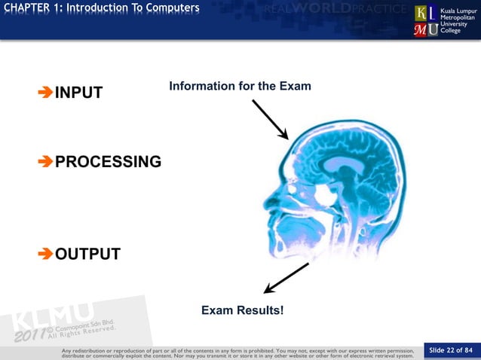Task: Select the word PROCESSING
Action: (x=109, y=162)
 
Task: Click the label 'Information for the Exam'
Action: (x=240, y=87)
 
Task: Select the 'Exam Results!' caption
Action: (x=242, y=310)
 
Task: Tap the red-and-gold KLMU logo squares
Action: (x=424, y=21)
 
